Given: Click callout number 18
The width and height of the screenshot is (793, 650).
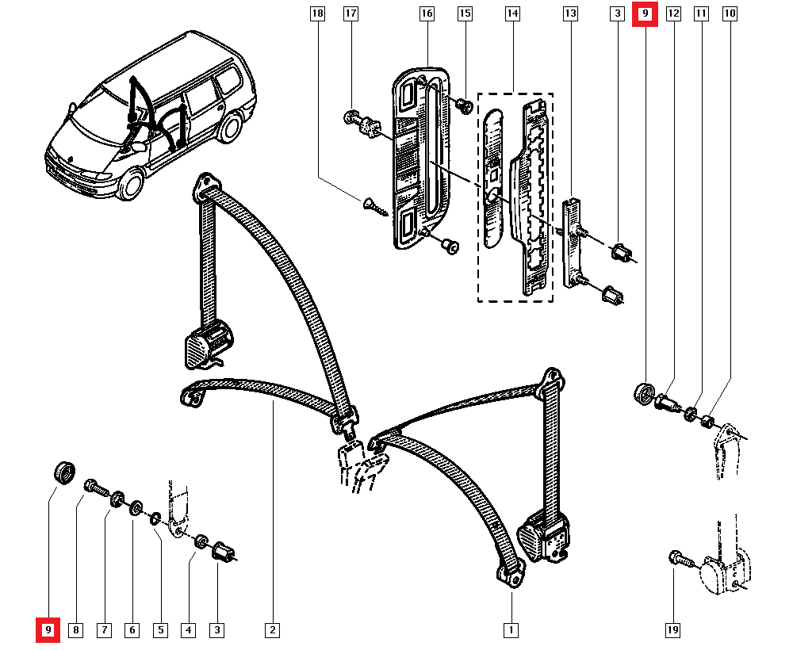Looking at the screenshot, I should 318,13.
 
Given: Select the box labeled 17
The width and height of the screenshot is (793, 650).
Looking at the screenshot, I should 351,13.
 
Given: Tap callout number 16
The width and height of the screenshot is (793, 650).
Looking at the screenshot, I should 427,13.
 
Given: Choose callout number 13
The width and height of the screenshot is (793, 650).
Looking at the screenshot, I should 570,13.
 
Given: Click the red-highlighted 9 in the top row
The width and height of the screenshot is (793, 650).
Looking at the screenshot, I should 645,13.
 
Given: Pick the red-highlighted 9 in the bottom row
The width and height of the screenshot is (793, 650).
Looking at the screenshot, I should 48,630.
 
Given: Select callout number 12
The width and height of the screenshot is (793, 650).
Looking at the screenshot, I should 673,13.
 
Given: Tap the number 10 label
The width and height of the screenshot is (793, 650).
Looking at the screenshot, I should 730,13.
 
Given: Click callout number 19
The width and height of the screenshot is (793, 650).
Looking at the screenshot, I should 672,630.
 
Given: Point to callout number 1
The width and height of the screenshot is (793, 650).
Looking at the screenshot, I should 511,630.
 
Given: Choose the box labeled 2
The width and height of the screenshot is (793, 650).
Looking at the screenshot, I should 271,630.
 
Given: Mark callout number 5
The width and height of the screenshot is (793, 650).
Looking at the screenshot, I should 160,630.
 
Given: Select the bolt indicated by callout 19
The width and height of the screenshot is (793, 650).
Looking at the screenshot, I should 679,559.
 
